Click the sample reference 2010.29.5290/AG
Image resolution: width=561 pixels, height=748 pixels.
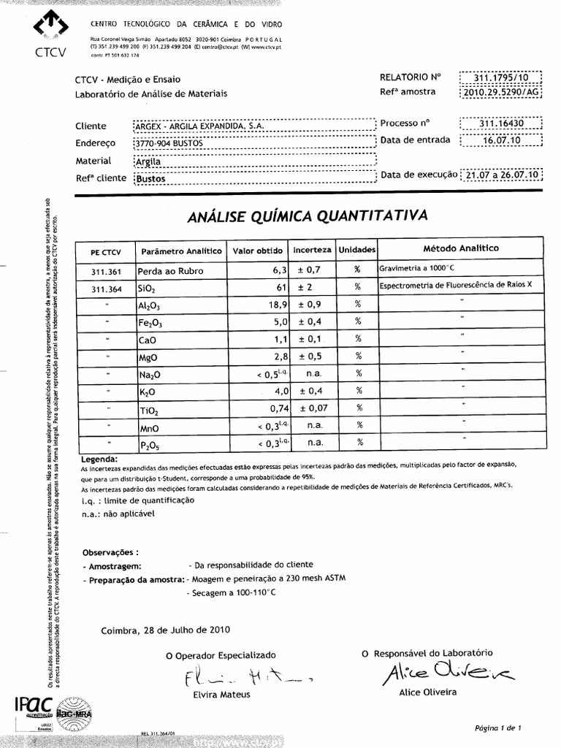point(501,93)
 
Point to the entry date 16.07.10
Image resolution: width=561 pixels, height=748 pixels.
point(501,140)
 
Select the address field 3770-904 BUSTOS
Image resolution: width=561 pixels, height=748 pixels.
point(169,144)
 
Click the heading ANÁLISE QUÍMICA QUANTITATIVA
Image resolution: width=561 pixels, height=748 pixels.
point(307,215)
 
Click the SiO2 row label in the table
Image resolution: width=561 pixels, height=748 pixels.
point(147,289)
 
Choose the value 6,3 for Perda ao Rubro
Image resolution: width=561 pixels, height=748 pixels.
point(277,270)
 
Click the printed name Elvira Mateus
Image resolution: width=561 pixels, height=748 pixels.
point(220,695)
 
